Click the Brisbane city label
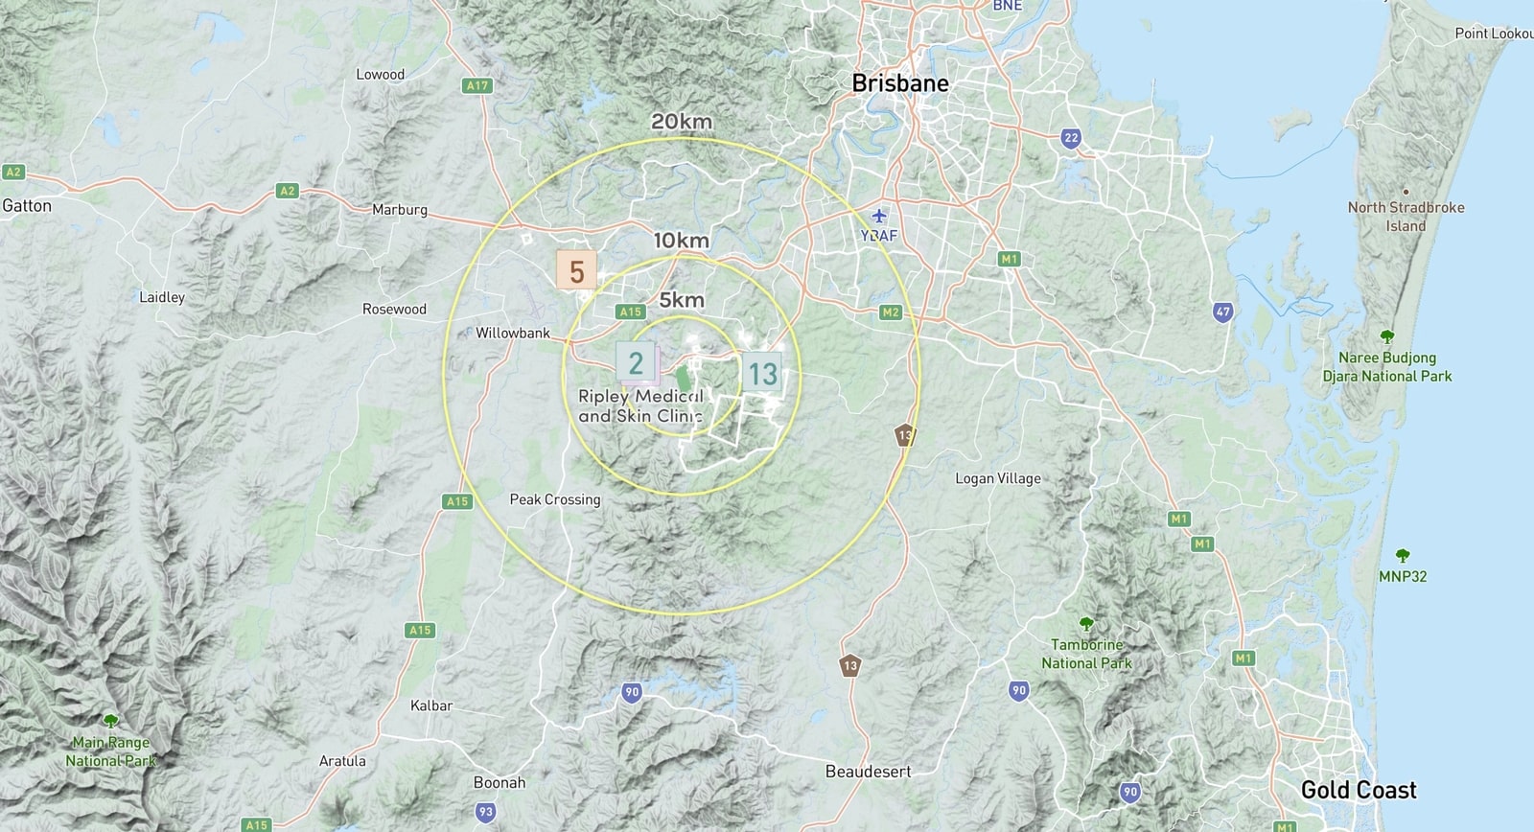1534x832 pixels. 900,83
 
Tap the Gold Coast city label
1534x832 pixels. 1358,791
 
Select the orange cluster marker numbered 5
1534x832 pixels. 576,271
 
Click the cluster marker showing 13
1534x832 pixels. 762,374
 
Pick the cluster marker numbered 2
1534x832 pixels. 635,363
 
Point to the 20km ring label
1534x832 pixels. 682,122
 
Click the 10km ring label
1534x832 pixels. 681,240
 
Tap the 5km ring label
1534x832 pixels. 682,300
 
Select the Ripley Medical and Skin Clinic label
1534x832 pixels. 640,406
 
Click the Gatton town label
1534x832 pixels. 27,205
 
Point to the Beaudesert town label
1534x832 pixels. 868,772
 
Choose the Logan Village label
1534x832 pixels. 997,478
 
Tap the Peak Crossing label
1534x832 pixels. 554,499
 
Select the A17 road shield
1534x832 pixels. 476,85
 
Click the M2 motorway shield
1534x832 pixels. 890,312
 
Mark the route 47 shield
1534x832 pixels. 1222,312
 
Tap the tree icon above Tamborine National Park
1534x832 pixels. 1085,624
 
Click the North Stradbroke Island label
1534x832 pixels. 1406,217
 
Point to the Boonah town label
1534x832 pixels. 500,782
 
